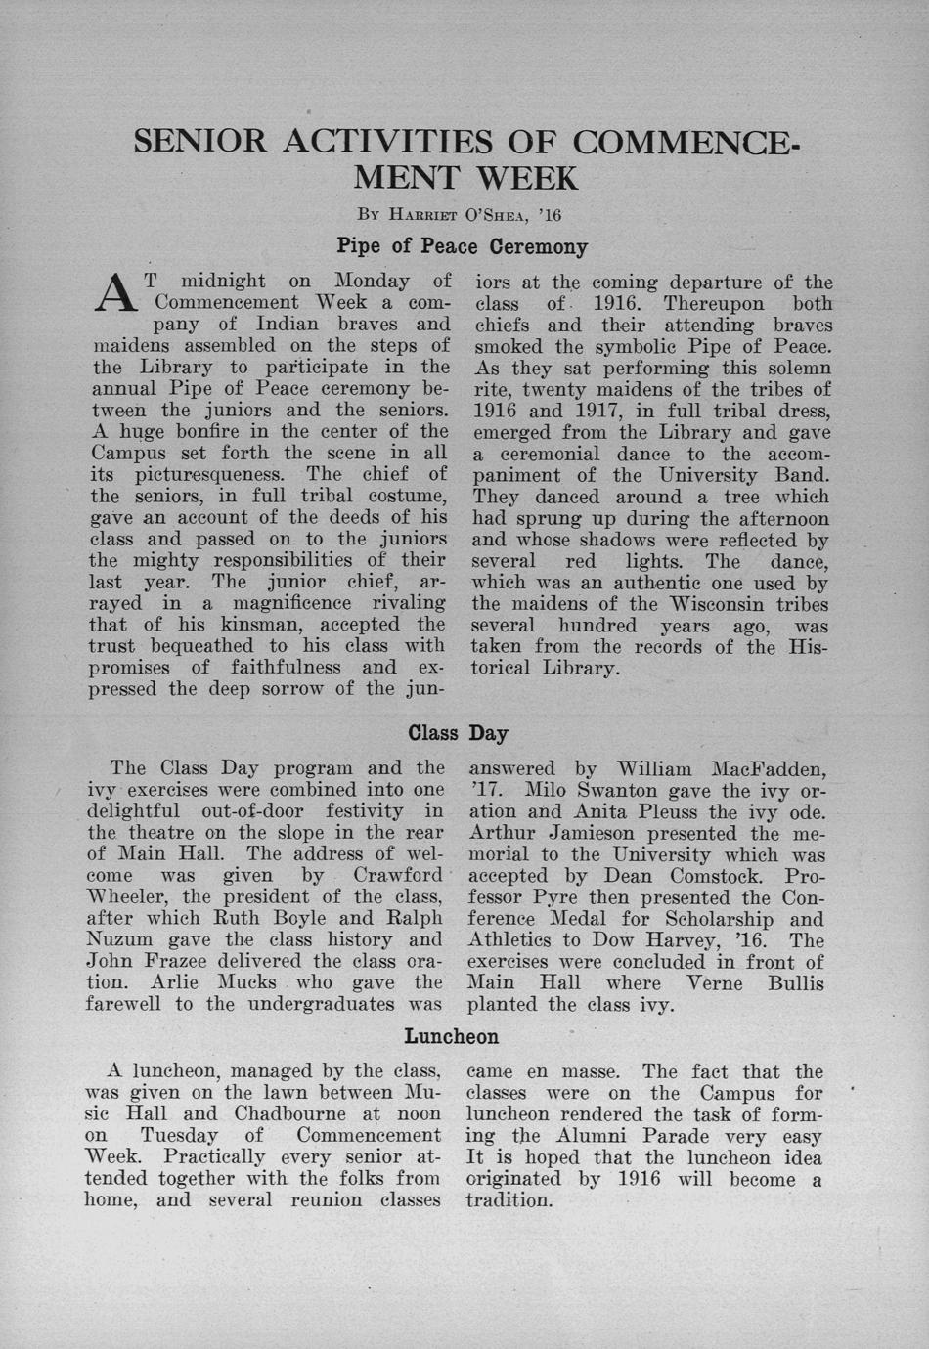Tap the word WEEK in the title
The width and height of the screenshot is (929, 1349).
tap(527, 178)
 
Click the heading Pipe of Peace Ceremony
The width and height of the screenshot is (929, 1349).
tap(462, 246)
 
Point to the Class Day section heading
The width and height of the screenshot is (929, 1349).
tap(458, 732)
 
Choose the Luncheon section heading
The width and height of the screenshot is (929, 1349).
tap(452, 1036)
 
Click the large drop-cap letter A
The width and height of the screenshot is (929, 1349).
tap(115, 290)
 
